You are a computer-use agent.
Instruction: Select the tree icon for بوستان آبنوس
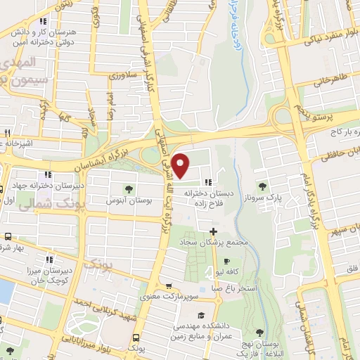[129, 188]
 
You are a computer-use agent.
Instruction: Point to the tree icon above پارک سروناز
[262, 186]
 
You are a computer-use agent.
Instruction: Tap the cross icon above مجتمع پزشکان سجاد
[213, 231]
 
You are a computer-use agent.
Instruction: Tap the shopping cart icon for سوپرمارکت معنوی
[169, 286]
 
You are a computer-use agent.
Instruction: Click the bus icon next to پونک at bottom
[135, 337]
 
